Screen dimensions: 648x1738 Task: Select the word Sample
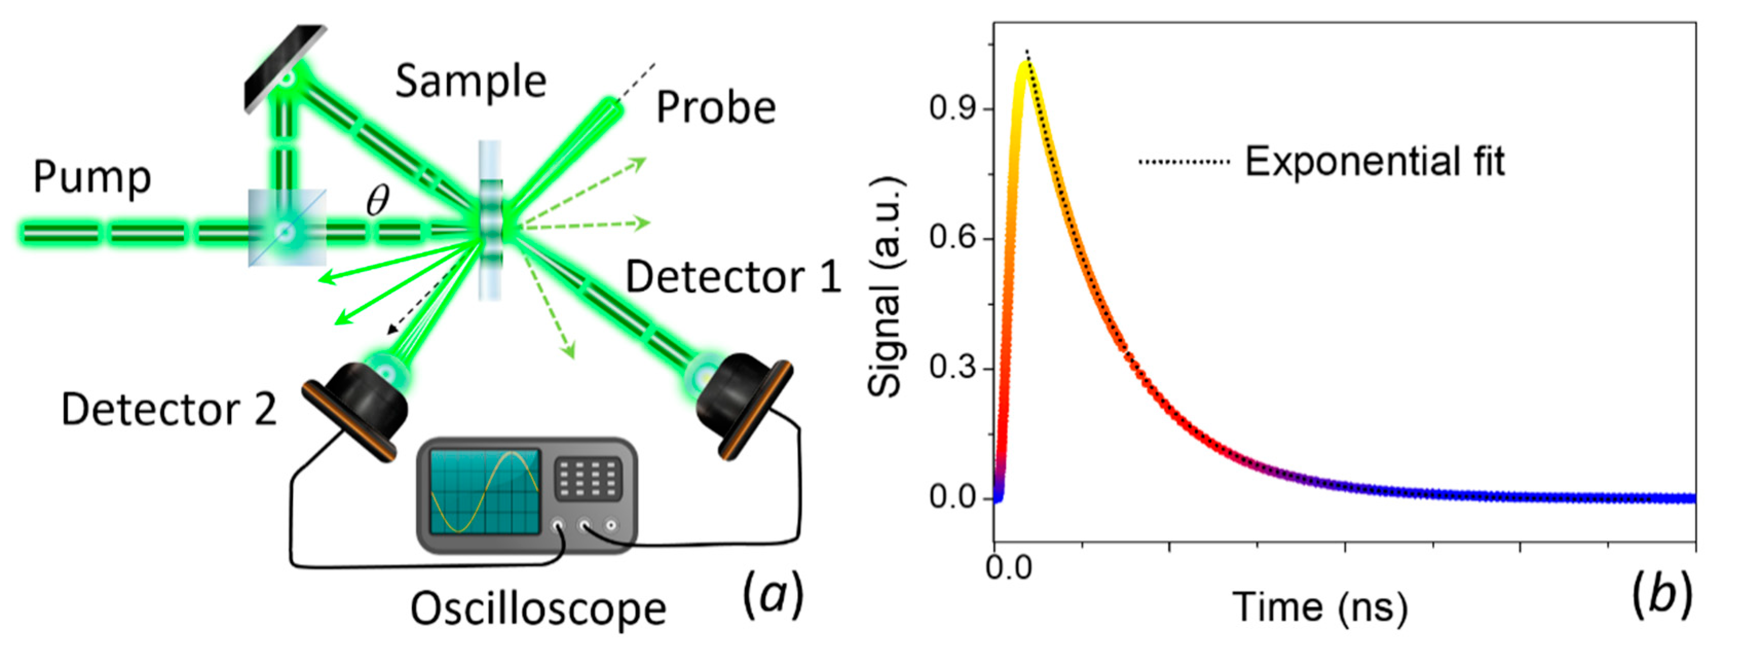(470, 82)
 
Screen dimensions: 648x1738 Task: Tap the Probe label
(716, 108)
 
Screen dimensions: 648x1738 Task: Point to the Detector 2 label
(168, 409)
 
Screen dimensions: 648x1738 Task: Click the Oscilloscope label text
(538, 609)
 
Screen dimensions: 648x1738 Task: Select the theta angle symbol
(378, 200)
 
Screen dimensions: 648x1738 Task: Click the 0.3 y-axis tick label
(953, 368)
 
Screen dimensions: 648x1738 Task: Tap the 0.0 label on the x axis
(1009, 568)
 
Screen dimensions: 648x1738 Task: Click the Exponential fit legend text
(1374, 162)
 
